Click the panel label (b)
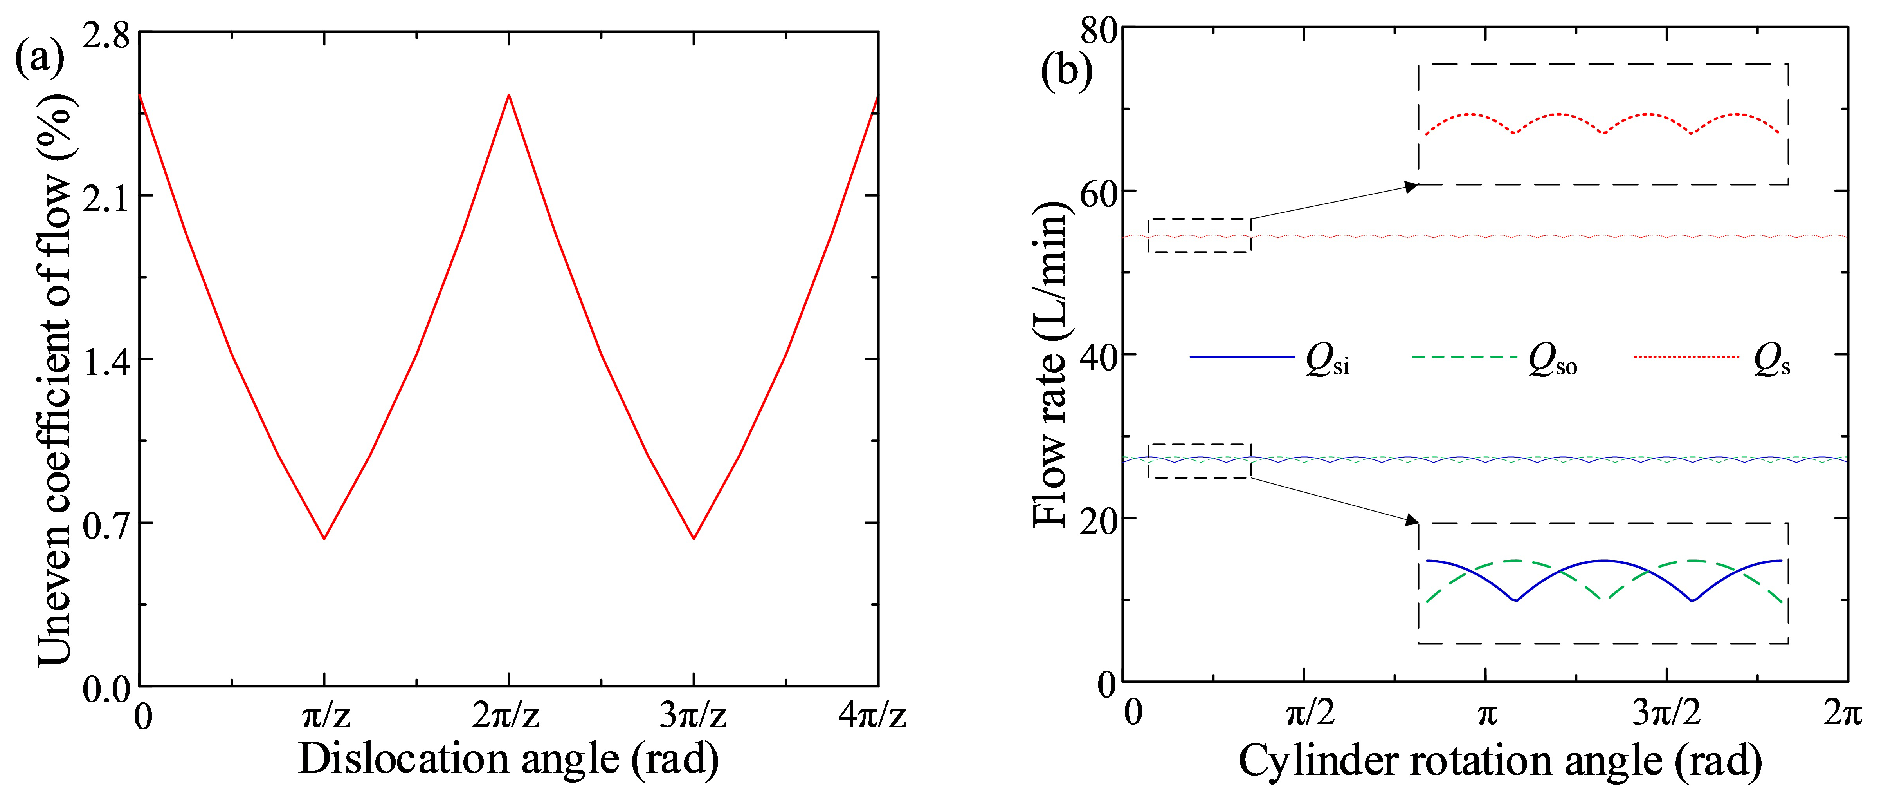click(1067, 72)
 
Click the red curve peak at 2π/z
click(509, 95)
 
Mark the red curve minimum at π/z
click(324, 539)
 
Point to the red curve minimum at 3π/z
click(694, 539)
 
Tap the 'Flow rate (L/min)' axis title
click(1050, 365)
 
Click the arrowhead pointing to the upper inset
click(1411, 187)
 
